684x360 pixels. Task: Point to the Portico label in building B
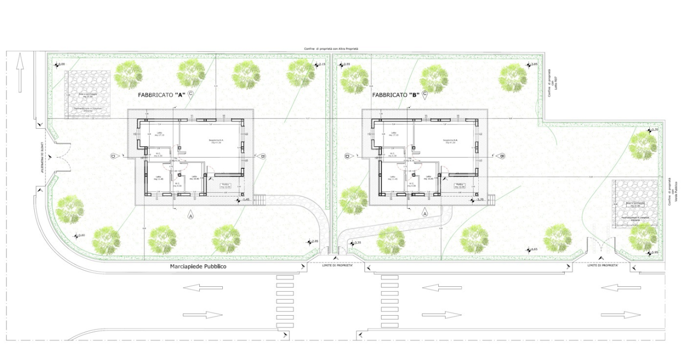(x=458, y=185)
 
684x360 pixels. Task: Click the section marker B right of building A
(x=263, y=156)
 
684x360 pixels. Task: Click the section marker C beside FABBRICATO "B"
(x=425, y=94)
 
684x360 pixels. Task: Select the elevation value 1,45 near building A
(x=246, y=200)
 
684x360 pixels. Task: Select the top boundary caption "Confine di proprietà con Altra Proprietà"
(x=331, y=49)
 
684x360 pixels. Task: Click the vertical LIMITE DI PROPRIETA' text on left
(x=40, y=158)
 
